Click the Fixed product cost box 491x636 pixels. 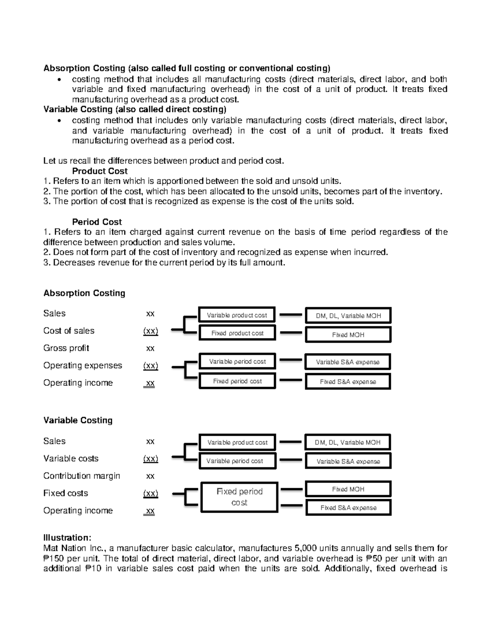237,333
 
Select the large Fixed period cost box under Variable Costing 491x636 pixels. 239,497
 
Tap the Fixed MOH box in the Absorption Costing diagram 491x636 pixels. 348,335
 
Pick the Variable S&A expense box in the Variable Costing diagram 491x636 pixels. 348,461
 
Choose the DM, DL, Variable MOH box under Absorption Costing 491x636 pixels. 348,316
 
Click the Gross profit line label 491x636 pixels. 66,348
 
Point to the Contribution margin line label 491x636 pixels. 82,476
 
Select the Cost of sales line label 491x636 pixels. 69,330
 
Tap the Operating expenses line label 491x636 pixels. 83,365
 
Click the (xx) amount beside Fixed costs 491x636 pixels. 150,493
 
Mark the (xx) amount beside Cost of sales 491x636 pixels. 150,331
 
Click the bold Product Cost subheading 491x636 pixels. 100,171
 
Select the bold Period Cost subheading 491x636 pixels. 97,222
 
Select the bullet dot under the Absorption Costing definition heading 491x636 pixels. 60,79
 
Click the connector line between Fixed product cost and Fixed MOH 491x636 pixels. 291,333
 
